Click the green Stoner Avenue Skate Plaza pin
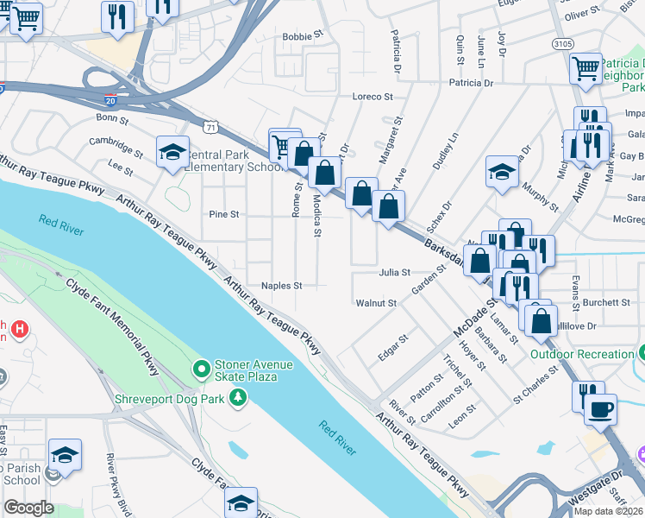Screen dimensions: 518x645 pyautogui.click(x=202, y=370)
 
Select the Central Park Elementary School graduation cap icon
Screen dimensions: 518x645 pyautogui.click(x=172, y=153)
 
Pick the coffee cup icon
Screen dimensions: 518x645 pyautogui.click(x=600, y=408)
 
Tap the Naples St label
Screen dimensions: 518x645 pyautogui.click(x=282, y=286)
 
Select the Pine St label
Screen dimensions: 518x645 pyautogui.click(x=223, y=214)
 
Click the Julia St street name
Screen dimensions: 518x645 pyautogui.click(x=394, y=272)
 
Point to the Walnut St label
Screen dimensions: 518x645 pyautogui.click(x=376, y=303)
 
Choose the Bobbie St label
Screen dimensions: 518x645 pyautogui.click(x=302, y=37)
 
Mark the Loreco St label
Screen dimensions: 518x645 pyautogui.click(x=373, y=97)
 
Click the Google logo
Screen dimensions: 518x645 pyautogui.click(x=28, y=508)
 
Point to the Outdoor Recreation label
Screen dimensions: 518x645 pyautogui.click(x=582, y=354)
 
